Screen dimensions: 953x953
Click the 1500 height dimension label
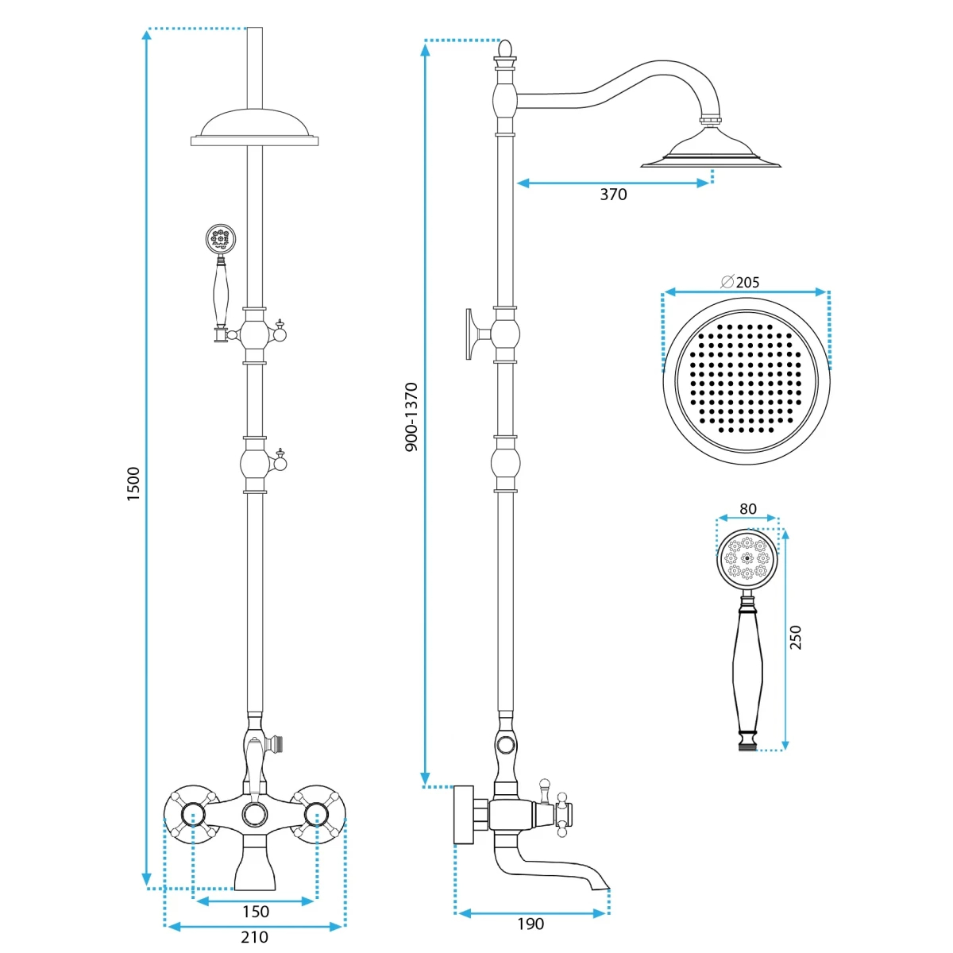pyautogui.click(x=133, y=484)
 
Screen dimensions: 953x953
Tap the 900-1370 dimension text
pyautogui.click(x=411, y=416)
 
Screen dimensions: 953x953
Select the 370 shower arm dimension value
pyautogui.click(x=613, y=195)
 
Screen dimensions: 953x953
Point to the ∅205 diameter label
pyautogui.click(x=740, y=282)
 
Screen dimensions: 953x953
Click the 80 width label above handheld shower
pyautogui.click(x=748, y=508)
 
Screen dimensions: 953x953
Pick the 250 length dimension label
pyautogui.click(x=795, y=638)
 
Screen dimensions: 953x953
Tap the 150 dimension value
pyautogui.click(x=255, y=912)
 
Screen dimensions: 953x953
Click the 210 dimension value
pyautogui.click(x=254, y=936)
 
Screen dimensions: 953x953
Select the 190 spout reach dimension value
pyautogui.click(x=531, y=924)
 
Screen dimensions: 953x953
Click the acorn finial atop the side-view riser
pyautogui.click(x=504, y=49)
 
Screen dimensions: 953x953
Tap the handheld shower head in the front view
pyautogui.click(x=221, y=239)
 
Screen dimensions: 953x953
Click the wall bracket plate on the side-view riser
pyautogui.click(x=470, y=334)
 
